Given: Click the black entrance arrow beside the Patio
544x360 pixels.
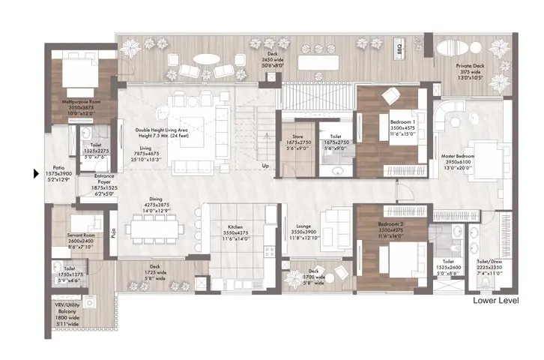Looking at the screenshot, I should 34,175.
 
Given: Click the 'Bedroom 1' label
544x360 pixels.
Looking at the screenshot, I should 402,122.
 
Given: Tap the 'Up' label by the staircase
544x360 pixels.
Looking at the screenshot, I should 265,166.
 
